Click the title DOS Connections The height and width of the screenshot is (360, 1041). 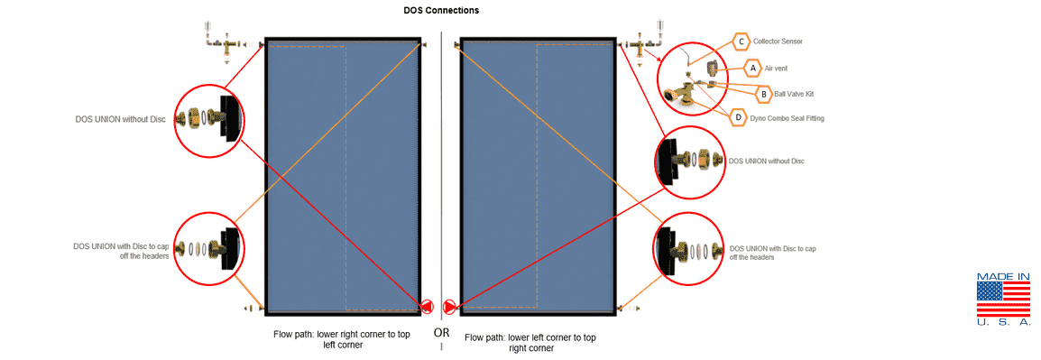point(441,11)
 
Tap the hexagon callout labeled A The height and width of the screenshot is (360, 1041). point(752,68)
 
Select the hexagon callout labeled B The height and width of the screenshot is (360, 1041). point(764,95)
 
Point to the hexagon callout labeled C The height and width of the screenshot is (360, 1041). point(742,42)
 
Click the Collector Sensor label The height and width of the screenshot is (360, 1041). point(778,42)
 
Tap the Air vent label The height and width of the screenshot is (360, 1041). point(776,68)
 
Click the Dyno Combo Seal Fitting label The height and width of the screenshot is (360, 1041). point(787,118)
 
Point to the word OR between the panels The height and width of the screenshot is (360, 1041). point(441,332)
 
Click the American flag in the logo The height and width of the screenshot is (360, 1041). point(1003,299)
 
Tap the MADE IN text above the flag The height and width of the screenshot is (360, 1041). point(1003,276)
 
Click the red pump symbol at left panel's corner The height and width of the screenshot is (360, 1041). point(427,306)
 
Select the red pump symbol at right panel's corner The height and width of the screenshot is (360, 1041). point(450,306)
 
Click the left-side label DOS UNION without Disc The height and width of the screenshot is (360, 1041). point(120,120)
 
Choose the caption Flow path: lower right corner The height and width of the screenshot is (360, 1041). point(342,340)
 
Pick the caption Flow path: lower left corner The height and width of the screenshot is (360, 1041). point(530,342)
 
